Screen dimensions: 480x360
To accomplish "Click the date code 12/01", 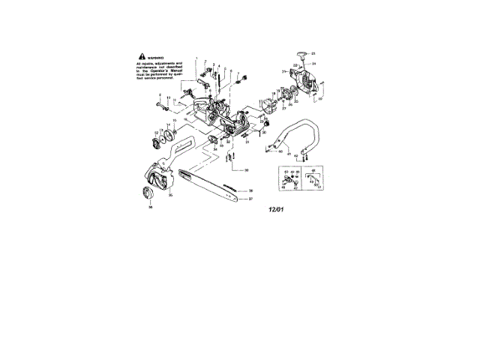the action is [276, 212].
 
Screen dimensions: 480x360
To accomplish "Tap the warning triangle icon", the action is [140, 56].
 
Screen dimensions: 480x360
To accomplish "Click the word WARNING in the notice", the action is [155, 56].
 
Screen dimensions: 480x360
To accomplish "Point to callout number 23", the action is [314, 53].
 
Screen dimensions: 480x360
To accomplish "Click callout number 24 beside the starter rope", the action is [314, 64].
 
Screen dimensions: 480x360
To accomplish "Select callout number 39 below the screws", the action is [245, 171].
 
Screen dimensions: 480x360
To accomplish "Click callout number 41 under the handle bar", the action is [286, 157].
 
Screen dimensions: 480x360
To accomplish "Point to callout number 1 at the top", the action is [197, 58].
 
